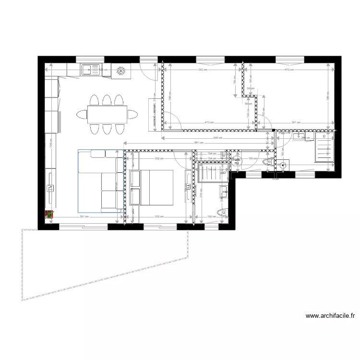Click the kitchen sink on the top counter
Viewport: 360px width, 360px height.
[x=91, y=70]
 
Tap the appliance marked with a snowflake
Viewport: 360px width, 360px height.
[x=121, y=71]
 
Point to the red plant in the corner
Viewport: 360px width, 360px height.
[x=48, y=216]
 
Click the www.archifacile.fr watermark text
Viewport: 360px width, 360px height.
[x=330, y=316]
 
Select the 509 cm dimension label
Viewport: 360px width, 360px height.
[x=218, y=138]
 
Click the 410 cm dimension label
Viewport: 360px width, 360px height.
[x=288, y=70]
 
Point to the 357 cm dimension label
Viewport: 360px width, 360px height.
[x=84, y=217]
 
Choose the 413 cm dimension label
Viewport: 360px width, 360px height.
[x=209, y=122]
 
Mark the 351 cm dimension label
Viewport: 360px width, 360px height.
[x=296, y=122]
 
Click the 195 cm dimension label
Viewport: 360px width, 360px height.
[x=250, y=158]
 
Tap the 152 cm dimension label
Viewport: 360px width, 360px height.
[x=212, y=217]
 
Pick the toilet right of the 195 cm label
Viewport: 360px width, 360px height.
[x=268, y=162]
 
